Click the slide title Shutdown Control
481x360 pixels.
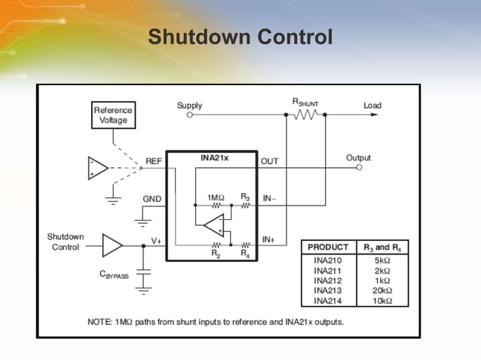240,37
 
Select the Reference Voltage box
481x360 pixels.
112,114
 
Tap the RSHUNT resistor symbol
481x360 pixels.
307,114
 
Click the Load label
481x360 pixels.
372,105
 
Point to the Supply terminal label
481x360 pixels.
189,105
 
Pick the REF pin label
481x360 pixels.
153,161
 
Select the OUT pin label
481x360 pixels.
269,161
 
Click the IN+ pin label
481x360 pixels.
268,239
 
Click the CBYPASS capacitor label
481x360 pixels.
115,276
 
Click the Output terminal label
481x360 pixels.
359,157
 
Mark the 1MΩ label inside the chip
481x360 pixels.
216,197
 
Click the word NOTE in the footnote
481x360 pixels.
100,322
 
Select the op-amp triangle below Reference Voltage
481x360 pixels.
97,168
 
